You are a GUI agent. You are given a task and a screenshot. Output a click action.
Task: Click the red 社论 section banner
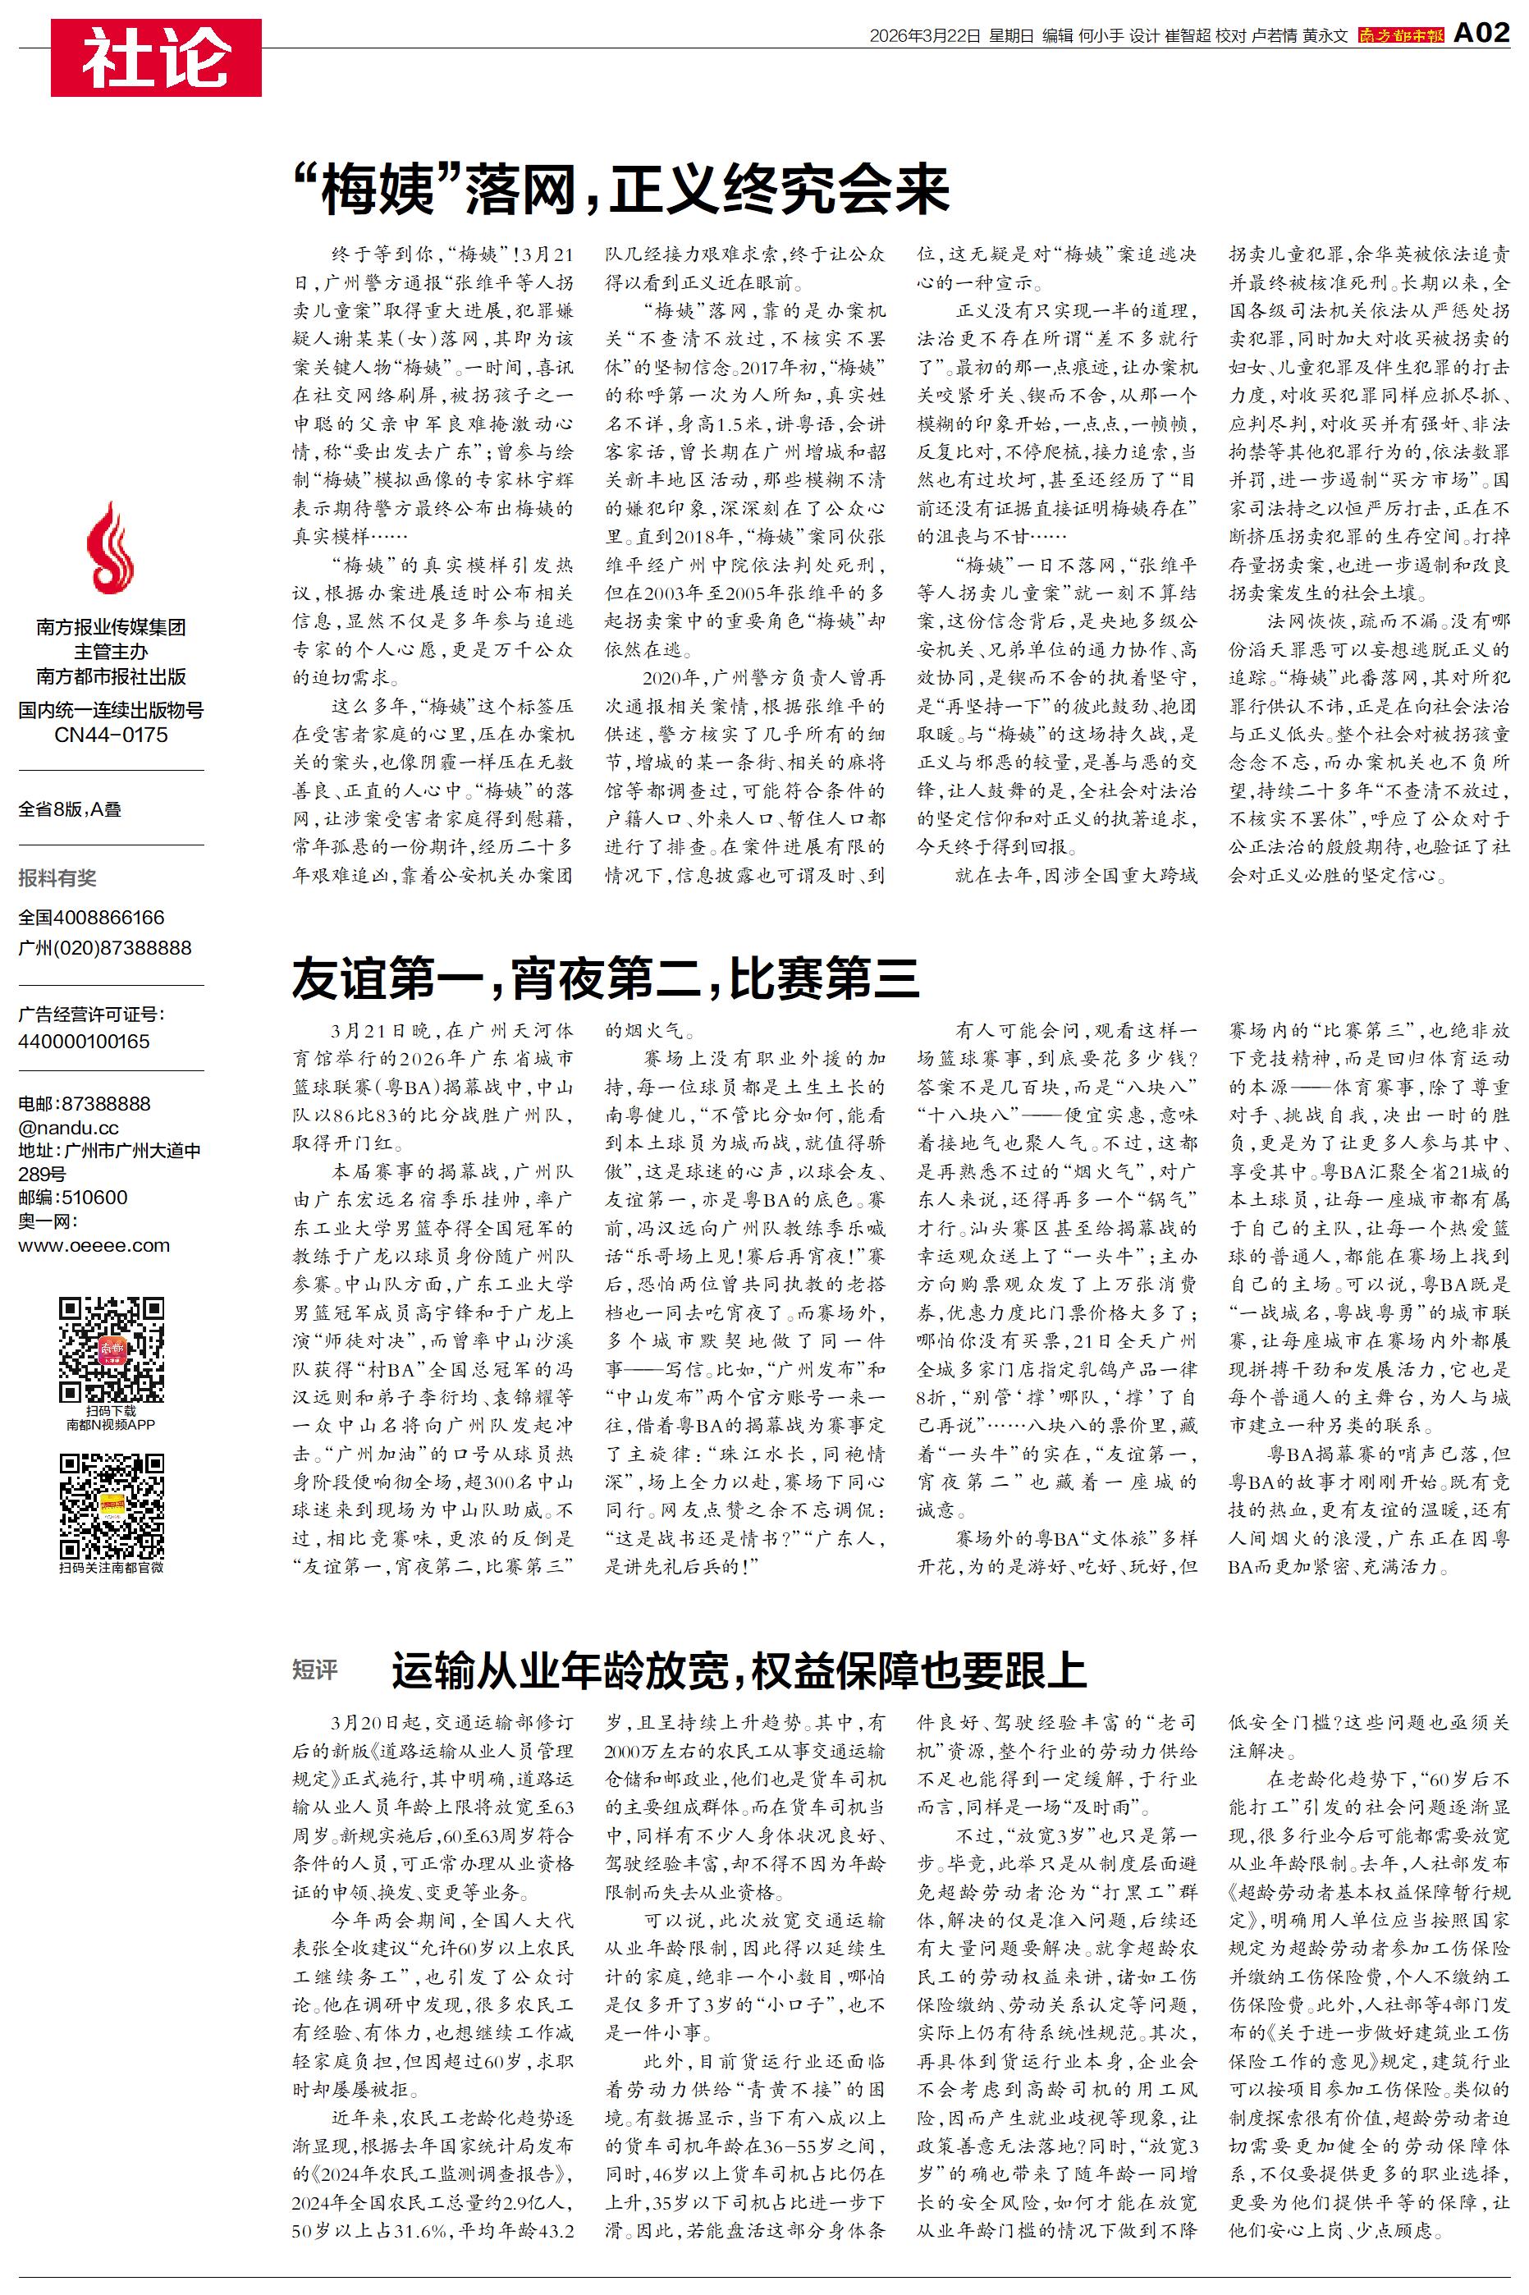pos(156,57)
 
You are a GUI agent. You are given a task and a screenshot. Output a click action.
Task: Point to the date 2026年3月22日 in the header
pos(923,36)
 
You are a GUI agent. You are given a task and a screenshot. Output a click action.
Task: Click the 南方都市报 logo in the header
pos(1400,36)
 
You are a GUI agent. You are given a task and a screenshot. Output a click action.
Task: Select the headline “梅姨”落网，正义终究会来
pos(621,189)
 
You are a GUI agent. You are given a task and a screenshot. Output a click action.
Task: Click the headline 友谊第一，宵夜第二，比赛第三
pos(606,978)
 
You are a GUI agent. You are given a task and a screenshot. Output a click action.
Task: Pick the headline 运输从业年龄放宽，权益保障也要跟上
pos(739,1670)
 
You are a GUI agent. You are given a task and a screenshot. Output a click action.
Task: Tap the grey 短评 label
pos(315,1670)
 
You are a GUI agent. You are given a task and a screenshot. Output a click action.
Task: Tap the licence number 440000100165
pos(84,1042)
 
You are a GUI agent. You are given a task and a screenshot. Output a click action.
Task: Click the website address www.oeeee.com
pos(94,1246)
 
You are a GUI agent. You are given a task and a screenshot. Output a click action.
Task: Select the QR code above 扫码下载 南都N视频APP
pos(111,1349)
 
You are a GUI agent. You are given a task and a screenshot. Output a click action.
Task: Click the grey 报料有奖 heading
pos(57,878)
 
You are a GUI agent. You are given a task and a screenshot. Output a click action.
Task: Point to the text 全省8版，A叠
pos(71,809)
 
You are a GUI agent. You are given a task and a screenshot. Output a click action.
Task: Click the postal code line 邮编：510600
pos(72,1198)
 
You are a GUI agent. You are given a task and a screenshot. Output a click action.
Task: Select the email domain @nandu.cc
pos(68,1127)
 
